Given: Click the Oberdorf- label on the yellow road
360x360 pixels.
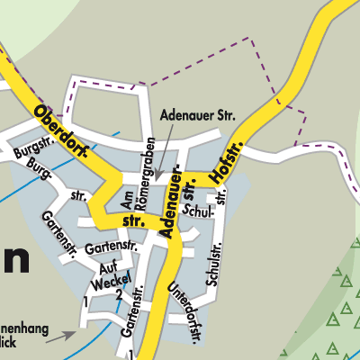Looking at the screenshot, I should (63, 132).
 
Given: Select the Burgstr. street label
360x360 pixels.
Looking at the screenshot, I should (32, 153).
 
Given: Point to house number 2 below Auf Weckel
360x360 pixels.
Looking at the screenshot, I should (118, 294).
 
